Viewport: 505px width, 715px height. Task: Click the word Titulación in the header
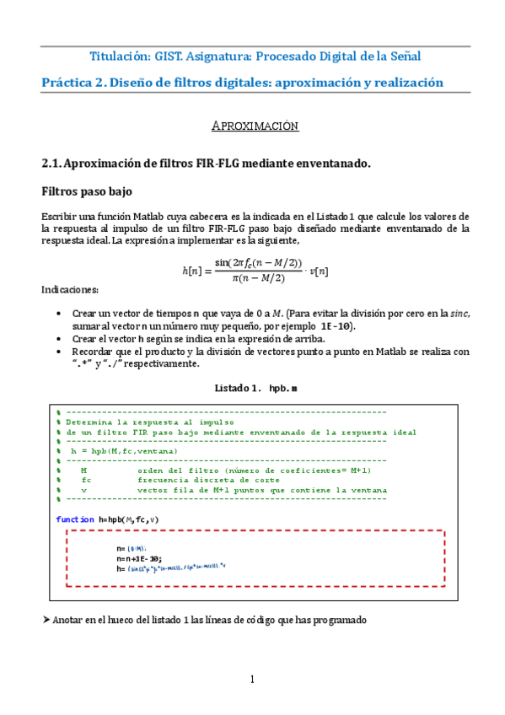[x=119, y=56]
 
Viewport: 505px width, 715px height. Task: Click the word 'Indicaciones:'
[x=70, y=291]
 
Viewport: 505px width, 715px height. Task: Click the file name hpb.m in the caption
[x=282, y=388]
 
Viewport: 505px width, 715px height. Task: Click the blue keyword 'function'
[x=75, y=519]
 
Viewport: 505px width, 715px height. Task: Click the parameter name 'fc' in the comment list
[x=86, y=479]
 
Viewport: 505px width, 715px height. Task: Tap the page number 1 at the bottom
[x=252, y=679]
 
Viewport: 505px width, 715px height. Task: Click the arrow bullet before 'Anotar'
[x=46, y=620]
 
